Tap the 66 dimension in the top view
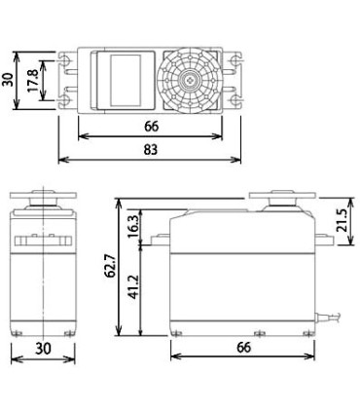(x=151, y=125)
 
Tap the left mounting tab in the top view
(x=68, y=80)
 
